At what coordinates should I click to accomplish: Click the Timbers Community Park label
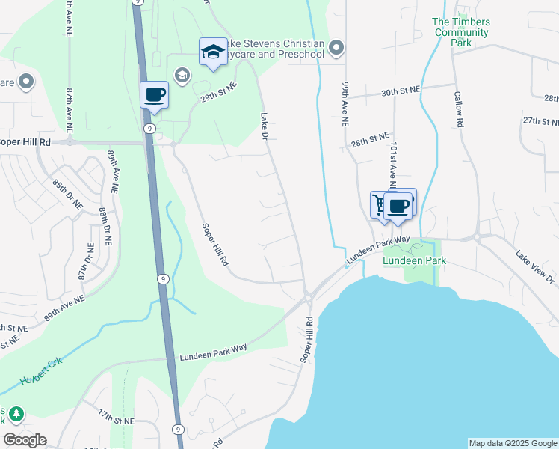[461, 32]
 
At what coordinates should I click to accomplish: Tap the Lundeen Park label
[414, 260]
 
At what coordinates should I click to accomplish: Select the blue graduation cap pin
[213, 52]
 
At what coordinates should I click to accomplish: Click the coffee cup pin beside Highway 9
[154, 96]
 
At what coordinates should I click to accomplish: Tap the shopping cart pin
[381, 204]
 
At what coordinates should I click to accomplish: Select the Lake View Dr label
[535, 267]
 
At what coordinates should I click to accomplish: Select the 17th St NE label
[116, 416]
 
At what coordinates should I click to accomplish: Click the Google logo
[25, 440]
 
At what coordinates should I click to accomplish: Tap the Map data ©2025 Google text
[512, 443]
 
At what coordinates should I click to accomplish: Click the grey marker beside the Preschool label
[336, 49]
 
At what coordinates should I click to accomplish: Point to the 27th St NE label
[541, 121]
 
